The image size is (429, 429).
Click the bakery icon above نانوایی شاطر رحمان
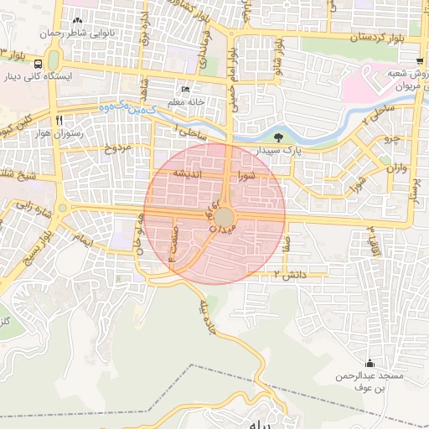click(x=78, y=20)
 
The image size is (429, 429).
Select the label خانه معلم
click(x=187, y=102)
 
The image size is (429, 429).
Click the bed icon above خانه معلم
click(x=186, y=90)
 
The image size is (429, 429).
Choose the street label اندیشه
click(x=183, y=172)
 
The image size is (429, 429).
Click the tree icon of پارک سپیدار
click(x=277, y=137)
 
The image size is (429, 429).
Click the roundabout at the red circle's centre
click(x=214, y=216)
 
